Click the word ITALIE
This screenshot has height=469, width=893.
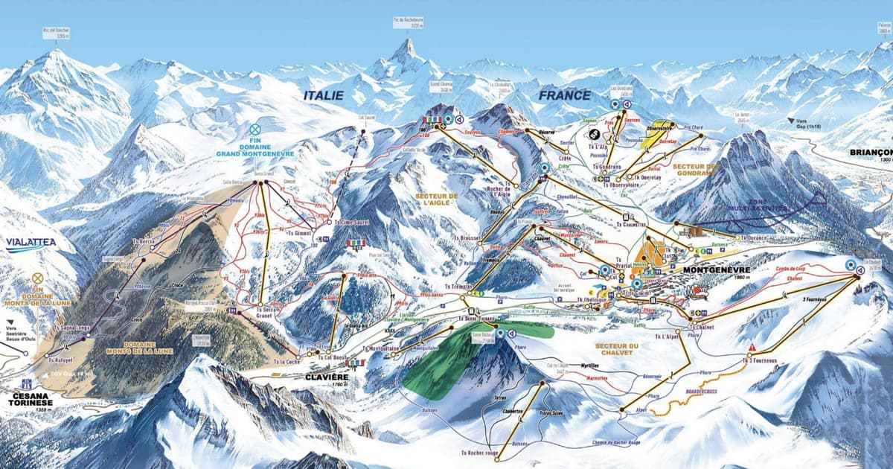[324, 95]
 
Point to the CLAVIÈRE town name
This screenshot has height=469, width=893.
[327, 377]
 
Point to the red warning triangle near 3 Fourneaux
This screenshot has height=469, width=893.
[752, 348]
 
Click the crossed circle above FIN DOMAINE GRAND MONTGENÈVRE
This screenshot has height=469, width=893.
[255, 129]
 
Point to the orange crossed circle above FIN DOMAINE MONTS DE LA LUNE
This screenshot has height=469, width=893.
[37, 277]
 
